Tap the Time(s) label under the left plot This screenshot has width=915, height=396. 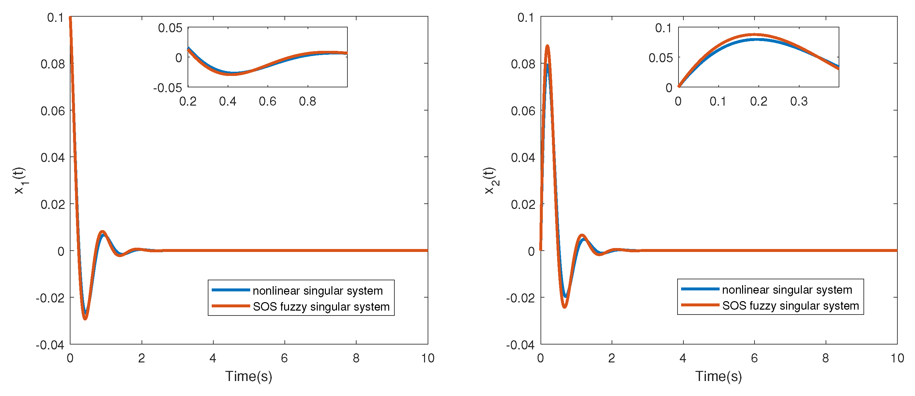249,376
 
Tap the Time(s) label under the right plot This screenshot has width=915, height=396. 719,376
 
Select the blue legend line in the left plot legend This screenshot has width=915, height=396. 231,290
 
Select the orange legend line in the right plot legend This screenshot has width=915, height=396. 700,305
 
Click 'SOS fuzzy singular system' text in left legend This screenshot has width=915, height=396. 321,306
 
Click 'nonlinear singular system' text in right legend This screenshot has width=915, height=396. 787,289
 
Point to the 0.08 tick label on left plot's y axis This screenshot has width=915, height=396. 53,64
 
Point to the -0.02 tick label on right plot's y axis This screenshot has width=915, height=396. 520,298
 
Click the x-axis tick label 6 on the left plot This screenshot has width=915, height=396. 284,358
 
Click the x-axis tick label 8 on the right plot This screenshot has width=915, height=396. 826,358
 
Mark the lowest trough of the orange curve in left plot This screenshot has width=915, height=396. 85,319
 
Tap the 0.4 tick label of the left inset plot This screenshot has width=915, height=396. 228,101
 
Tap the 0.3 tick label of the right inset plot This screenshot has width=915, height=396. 799,101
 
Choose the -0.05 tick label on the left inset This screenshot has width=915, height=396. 168,88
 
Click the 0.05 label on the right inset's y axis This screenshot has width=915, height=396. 661,57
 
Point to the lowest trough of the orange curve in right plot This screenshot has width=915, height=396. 564,307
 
